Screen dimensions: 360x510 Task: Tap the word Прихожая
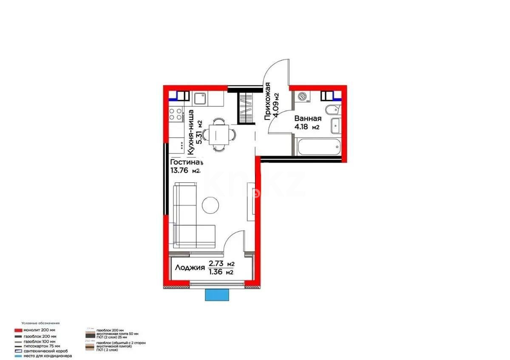[x=268, y=102]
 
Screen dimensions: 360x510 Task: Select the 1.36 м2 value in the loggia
[x=221, y=272]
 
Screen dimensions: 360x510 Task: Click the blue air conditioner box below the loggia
[x=218, y=294]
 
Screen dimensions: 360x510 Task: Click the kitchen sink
[x=199, y=99]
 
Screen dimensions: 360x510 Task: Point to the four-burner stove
[x=175, y=113]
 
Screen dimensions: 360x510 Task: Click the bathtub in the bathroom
[x=319, y=147]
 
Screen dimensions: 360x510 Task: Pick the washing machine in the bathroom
[x=303, y=97]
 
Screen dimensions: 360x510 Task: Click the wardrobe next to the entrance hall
[x=245, y=108]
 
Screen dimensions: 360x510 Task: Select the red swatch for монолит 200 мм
[x=18, y=330]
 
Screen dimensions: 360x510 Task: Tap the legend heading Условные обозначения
[x=41, y=323]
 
